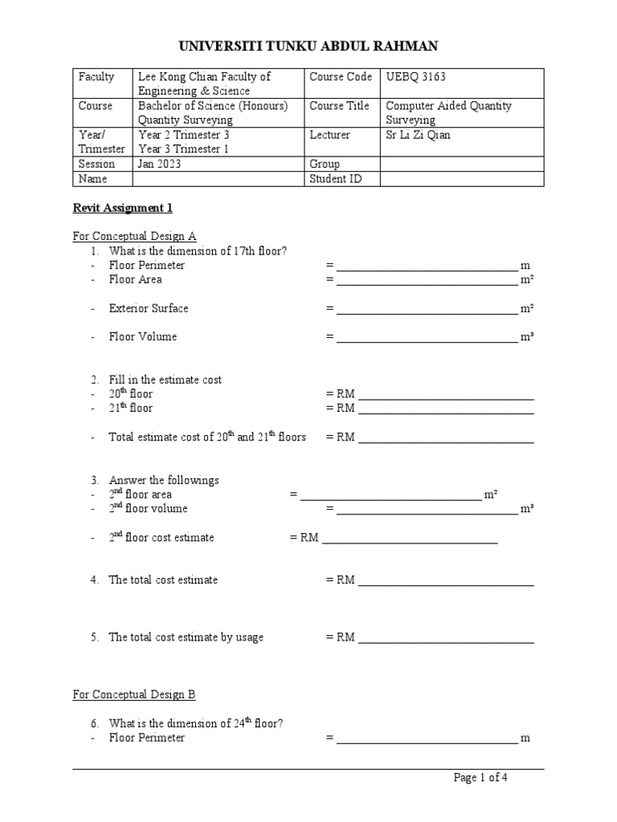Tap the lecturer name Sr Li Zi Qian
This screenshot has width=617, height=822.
tap(418, 135)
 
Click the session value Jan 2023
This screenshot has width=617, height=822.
tap(160, 165)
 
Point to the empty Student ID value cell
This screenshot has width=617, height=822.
tap(461, 179)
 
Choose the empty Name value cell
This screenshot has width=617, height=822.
tap(219, 179)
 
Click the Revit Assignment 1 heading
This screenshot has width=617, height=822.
tap(123, 208)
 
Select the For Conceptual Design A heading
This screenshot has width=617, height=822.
tap(134, 236)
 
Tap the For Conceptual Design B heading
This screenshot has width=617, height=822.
tap(134, 694)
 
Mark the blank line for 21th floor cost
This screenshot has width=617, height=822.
tap(446, 409)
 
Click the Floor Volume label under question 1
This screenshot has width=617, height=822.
tap(143, 337)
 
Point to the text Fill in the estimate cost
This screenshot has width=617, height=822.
tap(165, 380)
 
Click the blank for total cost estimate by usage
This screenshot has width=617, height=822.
tap(446, 639)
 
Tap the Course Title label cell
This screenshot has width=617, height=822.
tap(339, 106)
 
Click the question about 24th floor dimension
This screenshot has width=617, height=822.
tap(195, 723)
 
